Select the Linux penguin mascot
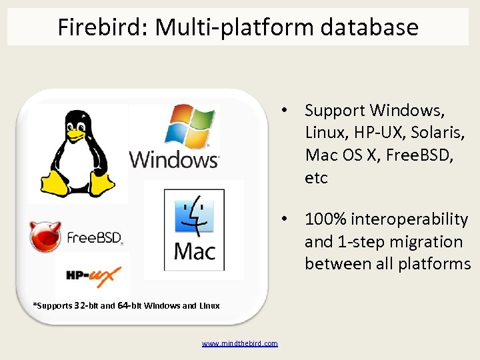click(79, 153)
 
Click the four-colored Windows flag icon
click(190, 127)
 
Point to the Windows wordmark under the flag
click(174, 160)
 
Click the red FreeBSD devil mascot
click(45, 237)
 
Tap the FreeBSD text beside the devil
click(94, 238)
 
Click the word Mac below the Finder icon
click(195, 251)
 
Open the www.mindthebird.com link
click(240, 343)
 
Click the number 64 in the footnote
click(123, 306)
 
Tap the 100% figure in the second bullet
click(325, 219)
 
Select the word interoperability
click(408, 219)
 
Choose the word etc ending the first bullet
click(317, 178)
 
